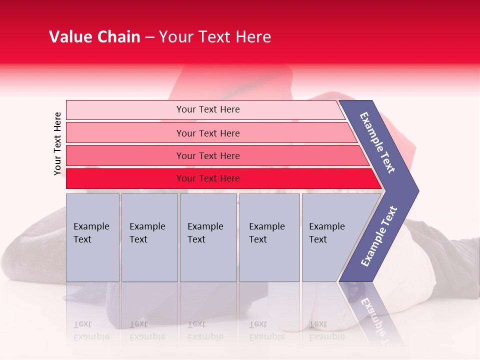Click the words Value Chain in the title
click(x=94, y=37)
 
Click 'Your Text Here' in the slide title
click(x=215, y=37)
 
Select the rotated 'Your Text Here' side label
click(x=57, y=143)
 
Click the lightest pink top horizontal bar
click(x=125, y=109)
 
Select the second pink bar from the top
click(x=125, y=133)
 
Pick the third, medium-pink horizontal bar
click(x=125, y=155)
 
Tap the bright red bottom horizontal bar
click(x=125, y=178)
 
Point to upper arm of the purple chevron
click(x=377, y=142)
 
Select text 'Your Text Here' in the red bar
click(x=208, y=178)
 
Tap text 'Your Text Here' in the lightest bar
click(x=208, y=109)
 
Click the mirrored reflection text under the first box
click(x=91, y=330)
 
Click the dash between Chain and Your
click(x=149, y=37)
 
